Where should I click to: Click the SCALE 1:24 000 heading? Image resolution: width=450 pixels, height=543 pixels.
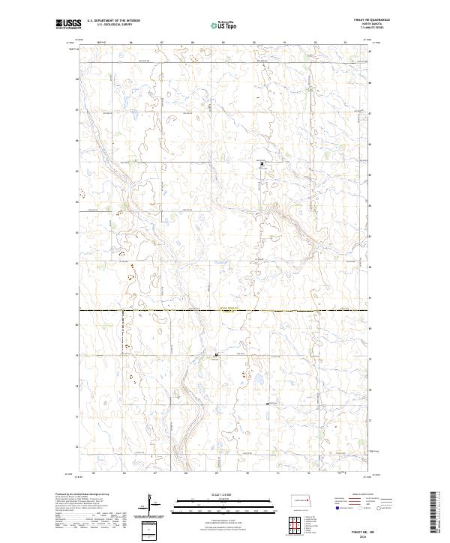(x=214, y=494)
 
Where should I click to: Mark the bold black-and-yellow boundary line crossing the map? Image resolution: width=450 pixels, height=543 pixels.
(x=225, y=309)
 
